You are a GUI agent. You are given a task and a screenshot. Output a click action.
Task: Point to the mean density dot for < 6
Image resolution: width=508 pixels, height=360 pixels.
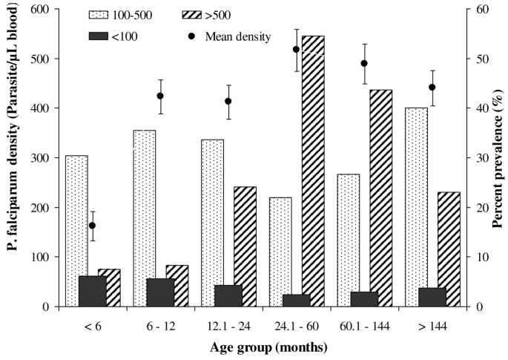(93, 226)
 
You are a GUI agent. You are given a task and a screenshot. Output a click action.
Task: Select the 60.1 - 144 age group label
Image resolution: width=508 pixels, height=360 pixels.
(360, 324)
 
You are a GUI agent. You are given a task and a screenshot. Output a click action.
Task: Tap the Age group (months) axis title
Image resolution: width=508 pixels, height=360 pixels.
(260, 347)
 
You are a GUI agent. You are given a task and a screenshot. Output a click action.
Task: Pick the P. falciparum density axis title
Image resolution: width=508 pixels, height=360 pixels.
(13, 157)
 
